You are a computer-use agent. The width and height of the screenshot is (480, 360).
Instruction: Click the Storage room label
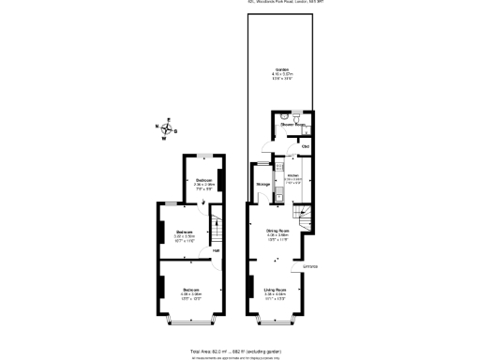tap(263, 184)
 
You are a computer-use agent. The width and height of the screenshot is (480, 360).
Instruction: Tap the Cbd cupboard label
tap(306, 146)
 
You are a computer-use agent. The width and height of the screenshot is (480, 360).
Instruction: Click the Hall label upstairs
tap(216, 250)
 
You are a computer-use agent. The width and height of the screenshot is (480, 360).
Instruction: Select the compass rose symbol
tap(167, 130)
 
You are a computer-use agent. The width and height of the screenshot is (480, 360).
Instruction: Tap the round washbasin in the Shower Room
tap(298, 117)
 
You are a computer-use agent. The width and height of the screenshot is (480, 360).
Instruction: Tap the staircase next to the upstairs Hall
tap(215, 230)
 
